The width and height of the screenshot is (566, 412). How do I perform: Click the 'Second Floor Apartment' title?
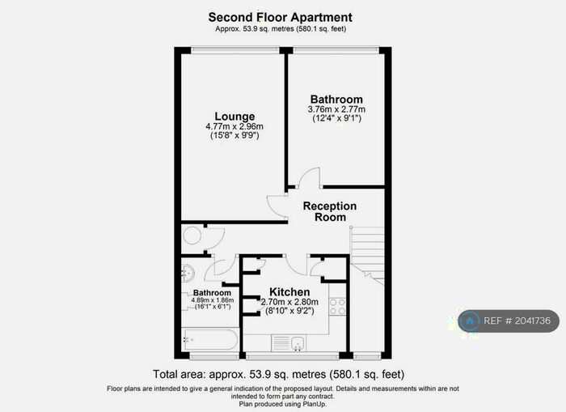(x=280, y=17)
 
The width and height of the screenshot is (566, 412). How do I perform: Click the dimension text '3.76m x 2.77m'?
(x=337, y=109)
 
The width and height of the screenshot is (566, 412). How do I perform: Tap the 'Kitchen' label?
(x=289, y=292)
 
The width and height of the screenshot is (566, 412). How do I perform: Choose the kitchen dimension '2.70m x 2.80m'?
(x=289, y=302)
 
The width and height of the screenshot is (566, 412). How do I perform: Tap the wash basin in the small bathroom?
(x=188, y=273)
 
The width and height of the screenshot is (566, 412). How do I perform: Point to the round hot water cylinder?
(x=192, y=236)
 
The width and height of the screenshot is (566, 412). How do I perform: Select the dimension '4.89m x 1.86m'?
(x=211, y=300)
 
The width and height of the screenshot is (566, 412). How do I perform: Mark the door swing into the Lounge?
(x=277, y=206)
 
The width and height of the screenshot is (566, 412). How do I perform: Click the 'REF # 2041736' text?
(x=522, y=321)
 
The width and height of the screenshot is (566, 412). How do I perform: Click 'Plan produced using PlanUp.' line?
(x=282, y=403)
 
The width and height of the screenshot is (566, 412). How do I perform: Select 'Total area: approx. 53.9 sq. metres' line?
(x=278, y=375)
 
